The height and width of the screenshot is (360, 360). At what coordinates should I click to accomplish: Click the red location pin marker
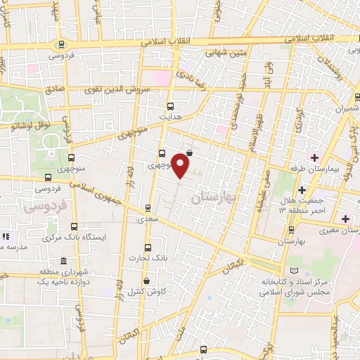click(x=181, y=165)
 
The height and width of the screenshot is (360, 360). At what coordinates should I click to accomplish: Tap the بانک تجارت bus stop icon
click(x=148, y=248)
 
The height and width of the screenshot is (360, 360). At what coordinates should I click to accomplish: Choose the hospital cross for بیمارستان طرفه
click(x=315, y=157)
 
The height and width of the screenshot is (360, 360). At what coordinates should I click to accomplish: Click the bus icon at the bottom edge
click(x=203, y=349)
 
